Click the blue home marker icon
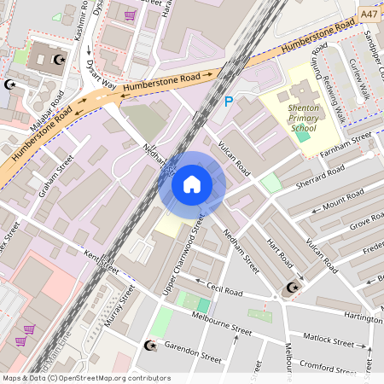[x=192, y=184]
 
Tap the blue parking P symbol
[x=227, y=102]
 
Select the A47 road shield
[x=369, y=15]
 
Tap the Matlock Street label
[x=330, y=342]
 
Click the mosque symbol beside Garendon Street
[x=152, y=346]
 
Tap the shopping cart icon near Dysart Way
[x=130, y=15]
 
